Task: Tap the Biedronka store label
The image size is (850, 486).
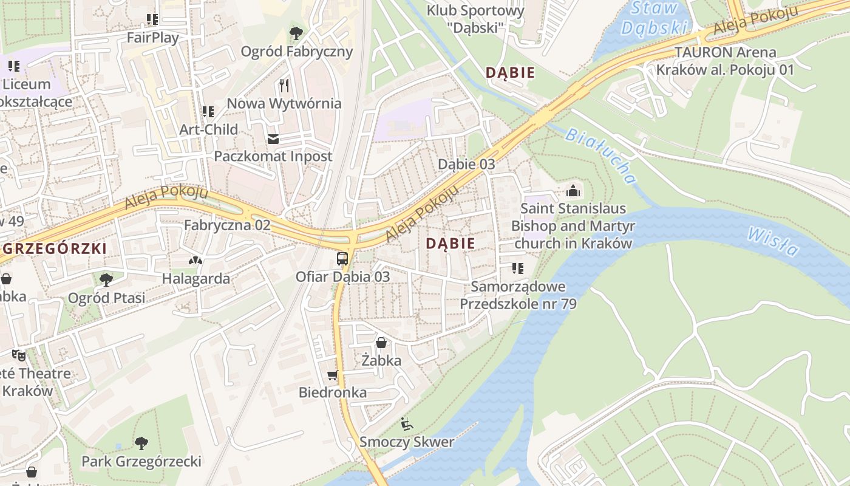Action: coord(332,392)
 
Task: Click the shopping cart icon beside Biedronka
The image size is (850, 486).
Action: coord(332,375)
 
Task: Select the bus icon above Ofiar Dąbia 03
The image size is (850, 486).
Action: coord(342,259)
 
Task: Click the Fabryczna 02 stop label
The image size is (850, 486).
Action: coord(227,225)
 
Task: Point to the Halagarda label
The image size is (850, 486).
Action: coord(195,279)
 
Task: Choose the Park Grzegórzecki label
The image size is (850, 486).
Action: coord(141,461)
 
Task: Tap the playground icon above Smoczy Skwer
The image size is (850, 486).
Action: coord(406,424)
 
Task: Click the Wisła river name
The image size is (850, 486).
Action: coord(773,241)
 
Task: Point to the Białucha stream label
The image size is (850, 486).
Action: coord(600,156)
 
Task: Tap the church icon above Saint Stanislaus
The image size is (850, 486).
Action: coord(573,191)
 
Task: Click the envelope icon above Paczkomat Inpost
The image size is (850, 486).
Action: coord(273,139)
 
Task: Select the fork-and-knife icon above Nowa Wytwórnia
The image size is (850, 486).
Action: coord(284,85)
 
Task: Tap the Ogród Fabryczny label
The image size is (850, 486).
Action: coord(296,51)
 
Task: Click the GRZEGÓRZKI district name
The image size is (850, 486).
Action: coord(55,248)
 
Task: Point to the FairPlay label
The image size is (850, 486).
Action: coord(152,38)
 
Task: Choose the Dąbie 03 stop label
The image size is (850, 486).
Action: coord(466,164)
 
